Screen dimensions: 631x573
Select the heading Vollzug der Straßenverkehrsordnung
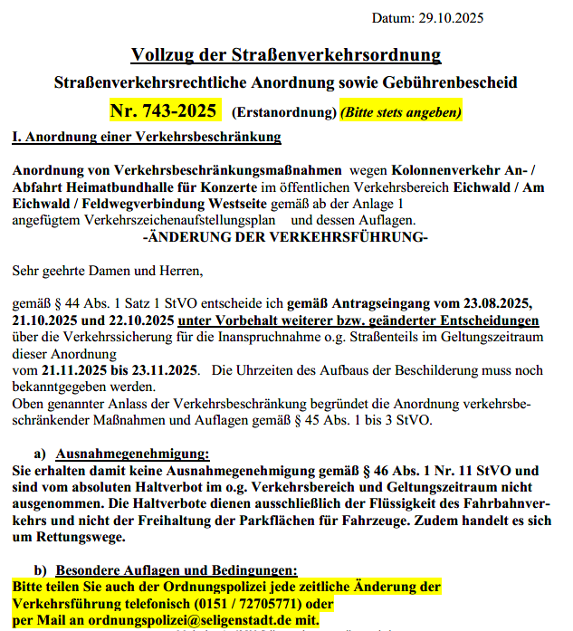286,54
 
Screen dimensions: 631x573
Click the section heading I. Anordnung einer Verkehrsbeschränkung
146,138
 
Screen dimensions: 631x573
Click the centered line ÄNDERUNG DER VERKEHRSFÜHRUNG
286,236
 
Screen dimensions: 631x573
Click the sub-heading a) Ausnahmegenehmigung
121,453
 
